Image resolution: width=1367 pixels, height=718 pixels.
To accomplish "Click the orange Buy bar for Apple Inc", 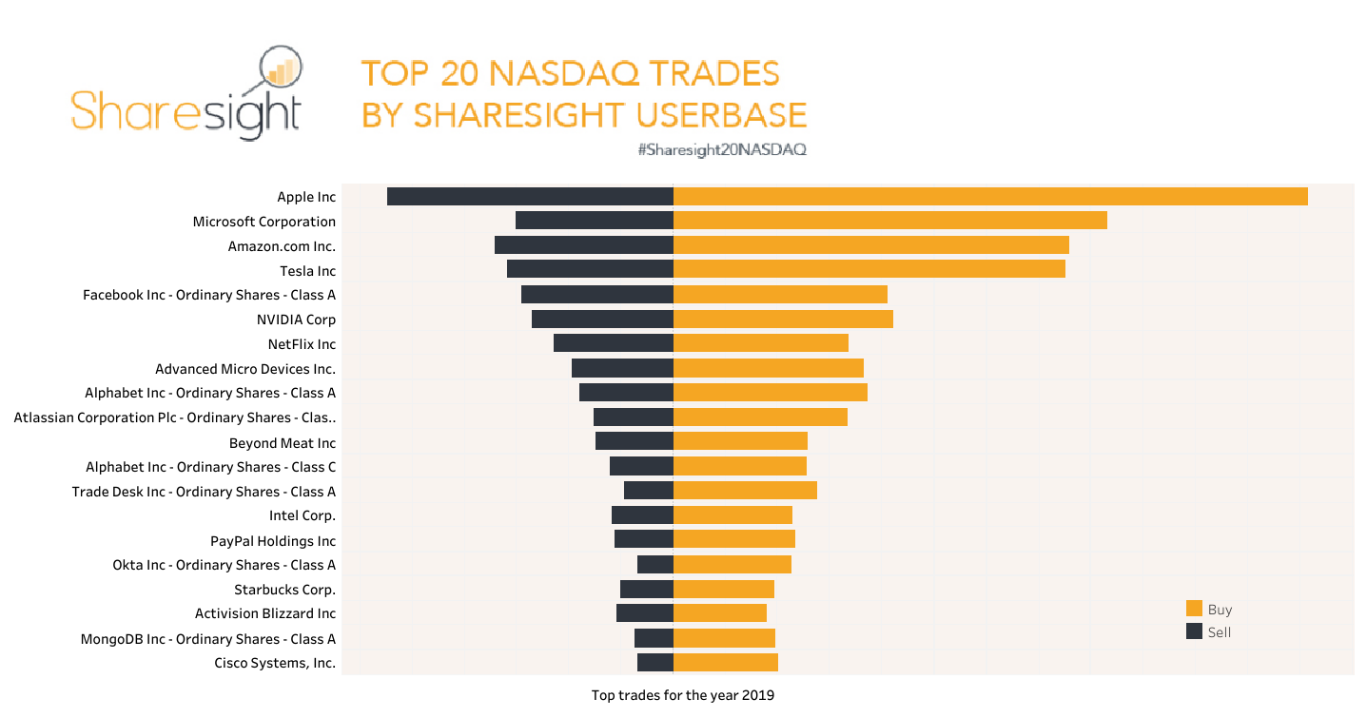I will [989, 197].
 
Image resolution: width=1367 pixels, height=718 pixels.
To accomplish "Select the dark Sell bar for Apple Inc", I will [530, 197].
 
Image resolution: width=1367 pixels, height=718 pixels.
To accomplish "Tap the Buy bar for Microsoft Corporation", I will [889, 221].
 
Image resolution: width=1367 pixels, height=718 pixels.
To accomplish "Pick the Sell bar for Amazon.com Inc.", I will [584, 245].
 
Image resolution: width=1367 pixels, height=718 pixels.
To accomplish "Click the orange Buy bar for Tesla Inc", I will [869, 270].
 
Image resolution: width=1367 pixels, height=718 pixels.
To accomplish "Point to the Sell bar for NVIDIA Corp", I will [602, 320].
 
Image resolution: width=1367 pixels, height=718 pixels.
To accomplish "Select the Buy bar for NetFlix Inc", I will [760, 343].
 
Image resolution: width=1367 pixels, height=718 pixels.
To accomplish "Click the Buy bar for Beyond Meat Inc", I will [740, 441].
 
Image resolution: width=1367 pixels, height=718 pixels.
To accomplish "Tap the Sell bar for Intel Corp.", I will [642, 515].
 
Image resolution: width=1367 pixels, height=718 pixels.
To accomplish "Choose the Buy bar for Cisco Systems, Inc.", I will [725, 663].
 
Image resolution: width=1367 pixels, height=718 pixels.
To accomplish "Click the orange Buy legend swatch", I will [1194, 609].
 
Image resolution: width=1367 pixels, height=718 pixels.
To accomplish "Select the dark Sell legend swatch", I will [1194, 631].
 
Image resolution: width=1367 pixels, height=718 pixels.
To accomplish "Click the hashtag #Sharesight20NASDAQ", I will [722, 150].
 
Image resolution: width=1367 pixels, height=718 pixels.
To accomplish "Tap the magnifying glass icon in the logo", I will [280, 69].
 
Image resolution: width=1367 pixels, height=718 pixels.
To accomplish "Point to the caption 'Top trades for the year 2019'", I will [682, 695].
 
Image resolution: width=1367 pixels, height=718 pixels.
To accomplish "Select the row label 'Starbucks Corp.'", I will [284, 590].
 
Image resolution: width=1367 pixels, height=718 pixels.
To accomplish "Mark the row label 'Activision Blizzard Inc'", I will [265, 614].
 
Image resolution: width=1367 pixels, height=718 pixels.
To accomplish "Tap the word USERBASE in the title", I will [720, 115].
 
